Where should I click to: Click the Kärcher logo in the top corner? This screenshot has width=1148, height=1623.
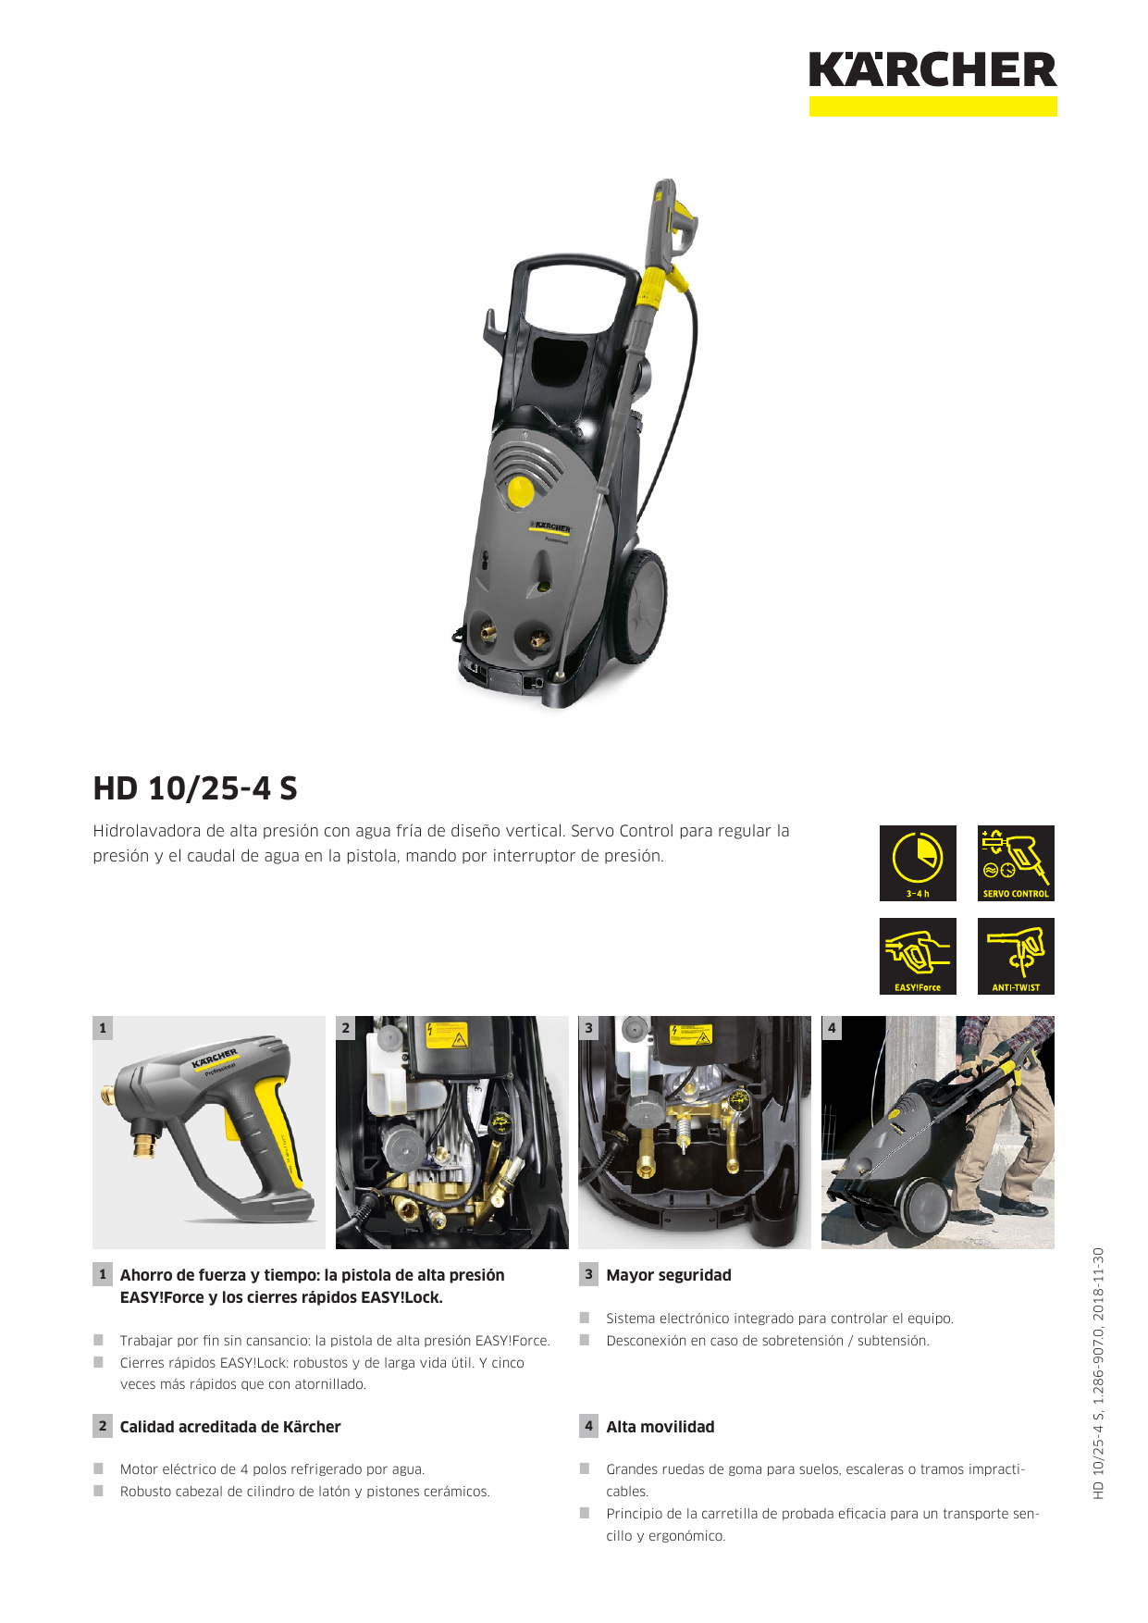[932, 83]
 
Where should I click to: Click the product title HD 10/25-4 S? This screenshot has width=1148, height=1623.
[195, 788]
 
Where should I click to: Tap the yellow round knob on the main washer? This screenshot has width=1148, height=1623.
[521, 491]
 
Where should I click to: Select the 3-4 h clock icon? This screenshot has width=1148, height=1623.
[918, 863]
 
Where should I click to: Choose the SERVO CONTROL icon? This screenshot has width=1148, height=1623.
[1016, 863]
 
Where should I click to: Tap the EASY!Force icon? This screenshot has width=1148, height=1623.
[918, 956]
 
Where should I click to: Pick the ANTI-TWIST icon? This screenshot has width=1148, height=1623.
[1016, 956]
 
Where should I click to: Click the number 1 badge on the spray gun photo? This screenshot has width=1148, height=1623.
[103, 1028]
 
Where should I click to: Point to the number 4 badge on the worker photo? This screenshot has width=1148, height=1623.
[832, 1028]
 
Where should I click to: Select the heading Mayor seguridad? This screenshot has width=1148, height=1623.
[669, 1275]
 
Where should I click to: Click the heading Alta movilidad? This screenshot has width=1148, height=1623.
[660, 1427]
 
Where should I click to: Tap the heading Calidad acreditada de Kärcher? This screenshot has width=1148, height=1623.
[230, 1427]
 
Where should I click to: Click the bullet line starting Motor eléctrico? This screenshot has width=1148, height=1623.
[272, 1469]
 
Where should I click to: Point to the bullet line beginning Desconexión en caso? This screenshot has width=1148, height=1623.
[768, 1341]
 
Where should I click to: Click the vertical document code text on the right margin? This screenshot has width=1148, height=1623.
[1098, 1373]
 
